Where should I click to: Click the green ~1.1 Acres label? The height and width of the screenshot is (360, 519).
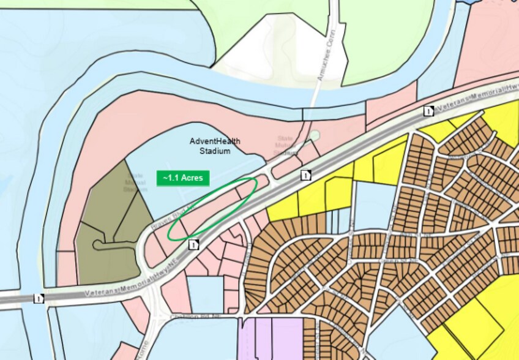click(x=184, y=178)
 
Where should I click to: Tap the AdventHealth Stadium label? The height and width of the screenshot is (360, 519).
click(x=214, y=146)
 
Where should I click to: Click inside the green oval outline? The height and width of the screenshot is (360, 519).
click(x=214, y=208)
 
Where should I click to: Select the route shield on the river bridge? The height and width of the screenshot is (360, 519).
click(x=40, y=299)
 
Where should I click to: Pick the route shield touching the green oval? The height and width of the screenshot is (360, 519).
click(x=194, y=245)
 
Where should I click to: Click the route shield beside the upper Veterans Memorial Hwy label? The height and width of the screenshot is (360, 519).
click(x=429, y=111)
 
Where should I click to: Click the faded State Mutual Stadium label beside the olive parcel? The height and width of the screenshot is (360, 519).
click(x=136, y=182)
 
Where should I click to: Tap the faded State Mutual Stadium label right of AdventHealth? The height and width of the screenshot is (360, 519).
click(x=286, y=146)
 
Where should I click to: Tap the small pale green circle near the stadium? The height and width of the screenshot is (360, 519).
click(x=314, y=135)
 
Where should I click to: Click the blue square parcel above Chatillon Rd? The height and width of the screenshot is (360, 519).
click(x=205, y=294)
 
